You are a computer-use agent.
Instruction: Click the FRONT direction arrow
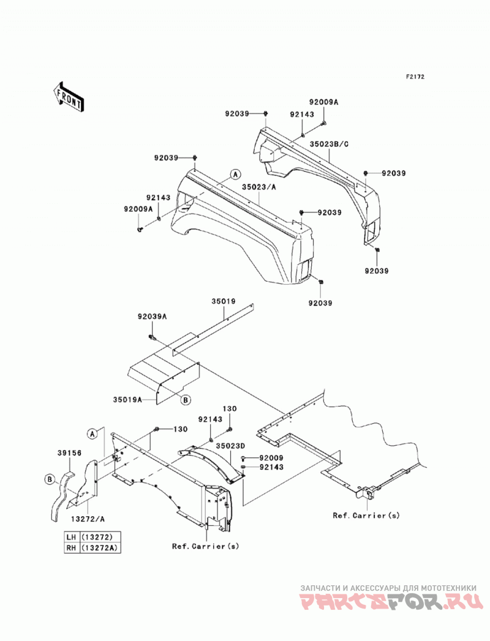click(x=69, y=97)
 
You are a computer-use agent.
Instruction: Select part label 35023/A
click(x=259, y=187)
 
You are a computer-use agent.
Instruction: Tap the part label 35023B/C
click(x=330, y=144)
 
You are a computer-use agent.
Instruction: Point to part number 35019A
click(x=127, y=399)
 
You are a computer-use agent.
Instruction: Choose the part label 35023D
click(x=231, y=446)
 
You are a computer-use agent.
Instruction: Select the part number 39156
click(x=69, y=453)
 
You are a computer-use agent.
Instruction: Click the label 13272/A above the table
click(x=88, y=519)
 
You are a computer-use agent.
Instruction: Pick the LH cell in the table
click(x=72, y=537)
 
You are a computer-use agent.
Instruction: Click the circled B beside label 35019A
click(x=186, y=400)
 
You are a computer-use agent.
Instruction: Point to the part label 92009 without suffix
click(x=271, y=459)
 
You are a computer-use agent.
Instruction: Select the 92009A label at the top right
click(x=323, y=102)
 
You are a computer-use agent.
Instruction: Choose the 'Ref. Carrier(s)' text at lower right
click(x=366, y=515)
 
